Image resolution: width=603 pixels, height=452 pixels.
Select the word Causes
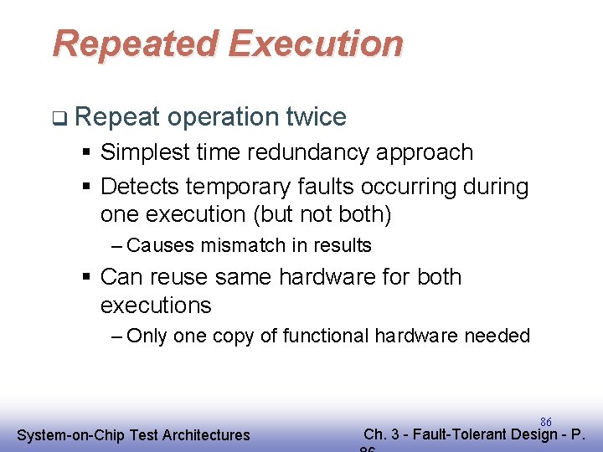[161, 245]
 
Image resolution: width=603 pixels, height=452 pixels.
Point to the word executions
[156, 305]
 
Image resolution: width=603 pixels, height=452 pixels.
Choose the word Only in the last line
[147, 336]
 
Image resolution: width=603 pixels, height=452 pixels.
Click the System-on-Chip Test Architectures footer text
[134, 434]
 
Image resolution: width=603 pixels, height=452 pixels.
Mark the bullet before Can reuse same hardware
[88, 278]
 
